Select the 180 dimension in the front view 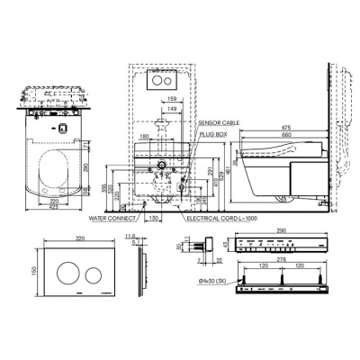point(144,137)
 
